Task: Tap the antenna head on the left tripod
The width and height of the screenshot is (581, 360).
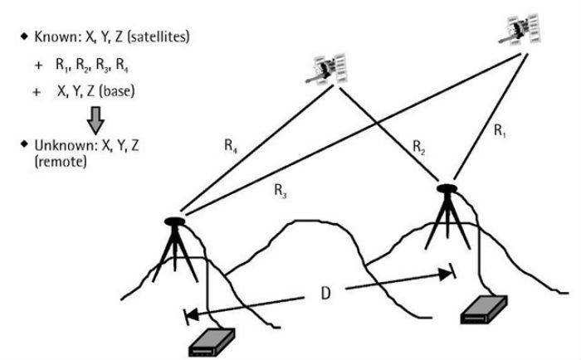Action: pos(176,221)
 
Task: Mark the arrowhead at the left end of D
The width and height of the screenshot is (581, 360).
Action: pos(189,315)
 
